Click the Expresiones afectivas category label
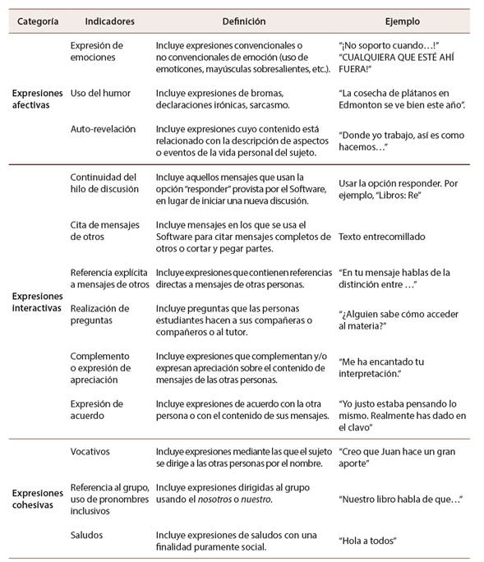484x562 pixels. pos(37,99)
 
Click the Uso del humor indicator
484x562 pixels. pos(99,94)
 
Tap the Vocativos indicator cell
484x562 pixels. pos(90,452)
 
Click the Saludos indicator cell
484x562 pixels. pos(87,536)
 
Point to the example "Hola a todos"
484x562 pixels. pos(368,541)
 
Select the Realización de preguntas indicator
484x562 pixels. pos(99,314)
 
